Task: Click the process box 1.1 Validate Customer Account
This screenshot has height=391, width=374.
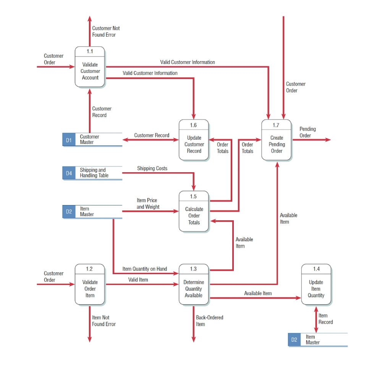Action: coord(90,67)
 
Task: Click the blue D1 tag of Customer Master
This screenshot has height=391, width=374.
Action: coord(69,140)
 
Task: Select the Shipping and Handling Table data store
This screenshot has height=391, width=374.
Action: coord(94,173)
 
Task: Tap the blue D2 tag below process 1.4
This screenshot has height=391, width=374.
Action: coord(294,339)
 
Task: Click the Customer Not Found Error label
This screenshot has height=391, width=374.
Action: coord(105,32)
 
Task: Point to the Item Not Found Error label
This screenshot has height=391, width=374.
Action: coord(104,321)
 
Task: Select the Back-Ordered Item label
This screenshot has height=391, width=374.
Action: coord(209,321)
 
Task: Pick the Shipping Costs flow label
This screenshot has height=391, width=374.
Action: coord(152,168)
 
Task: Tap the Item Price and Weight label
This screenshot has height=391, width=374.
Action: coord(148,204)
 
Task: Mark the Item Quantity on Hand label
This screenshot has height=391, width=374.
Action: coord(144,269)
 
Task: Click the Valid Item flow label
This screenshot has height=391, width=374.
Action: coord(138,280)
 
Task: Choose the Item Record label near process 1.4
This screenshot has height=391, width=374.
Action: coord(325,319)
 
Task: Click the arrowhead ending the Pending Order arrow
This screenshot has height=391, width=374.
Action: coord(328,140)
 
